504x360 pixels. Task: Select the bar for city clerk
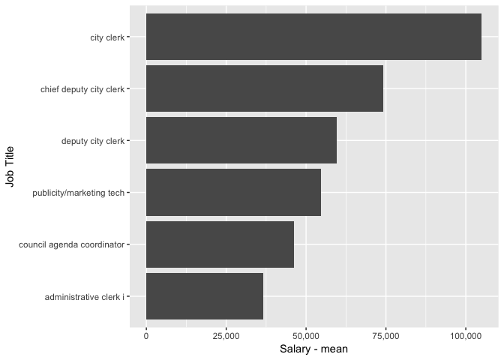(x=313, y=37)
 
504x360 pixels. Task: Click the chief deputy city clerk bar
(x=265, y=88)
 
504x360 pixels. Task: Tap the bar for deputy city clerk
(x=241, y=140)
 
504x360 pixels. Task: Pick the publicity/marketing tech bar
(x=233, y=192)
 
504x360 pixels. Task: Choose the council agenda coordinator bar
(x=220, y=244)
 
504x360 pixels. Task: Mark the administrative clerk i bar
(x=205, y=296)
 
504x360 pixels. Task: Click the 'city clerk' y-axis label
(x=107, y=37)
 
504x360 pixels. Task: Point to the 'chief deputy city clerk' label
(x=82, y=89)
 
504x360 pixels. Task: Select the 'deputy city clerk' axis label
(x=92, y=141)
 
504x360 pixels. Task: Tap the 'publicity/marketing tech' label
(x=78, y=193)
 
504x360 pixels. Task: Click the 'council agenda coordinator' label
(x=71, y=245)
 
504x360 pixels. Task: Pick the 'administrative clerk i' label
(x=84, y=297)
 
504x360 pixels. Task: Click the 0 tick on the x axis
(x=146, y=336)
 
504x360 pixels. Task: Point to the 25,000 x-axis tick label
(x=226, y=336)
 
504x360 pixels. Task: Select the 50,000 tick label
(x=306, y=336)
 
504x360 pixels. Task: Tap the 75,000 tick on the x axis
(x=385, y=336)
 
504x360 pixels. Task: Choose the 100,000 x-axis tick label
(x=466, y=336)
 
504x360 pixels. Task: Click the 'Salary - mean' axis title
(x=313, y=349)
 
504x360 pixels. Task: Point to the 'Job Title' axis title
(x=10, y=166)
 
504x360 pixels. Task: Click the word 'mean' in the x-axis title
(x=334, y=349)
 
